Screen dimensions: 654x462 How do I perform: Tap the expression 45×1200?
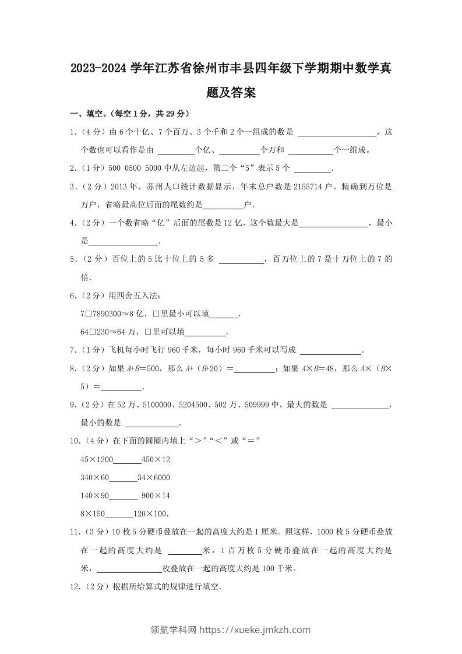point(97,460)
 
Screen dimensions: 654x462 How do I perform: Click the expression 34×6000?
point(154,478)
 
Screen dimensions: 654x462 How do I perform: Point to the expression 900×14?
point(156,496)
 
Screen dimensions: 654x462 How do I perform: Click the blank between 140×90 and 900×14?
point(123,497)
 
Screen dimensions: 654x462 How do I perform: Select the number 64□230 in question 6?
point(97,332)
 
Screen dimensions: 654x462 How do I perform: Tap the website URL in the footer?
point(255,630)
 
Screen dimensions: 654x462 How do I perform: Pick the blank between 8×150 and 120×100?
point(119,515)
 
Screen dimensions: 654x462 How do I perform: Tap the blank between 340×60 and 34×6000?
point(123,479)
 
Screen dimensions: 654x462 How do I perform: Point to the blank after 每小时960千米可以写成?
point(330,351)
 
